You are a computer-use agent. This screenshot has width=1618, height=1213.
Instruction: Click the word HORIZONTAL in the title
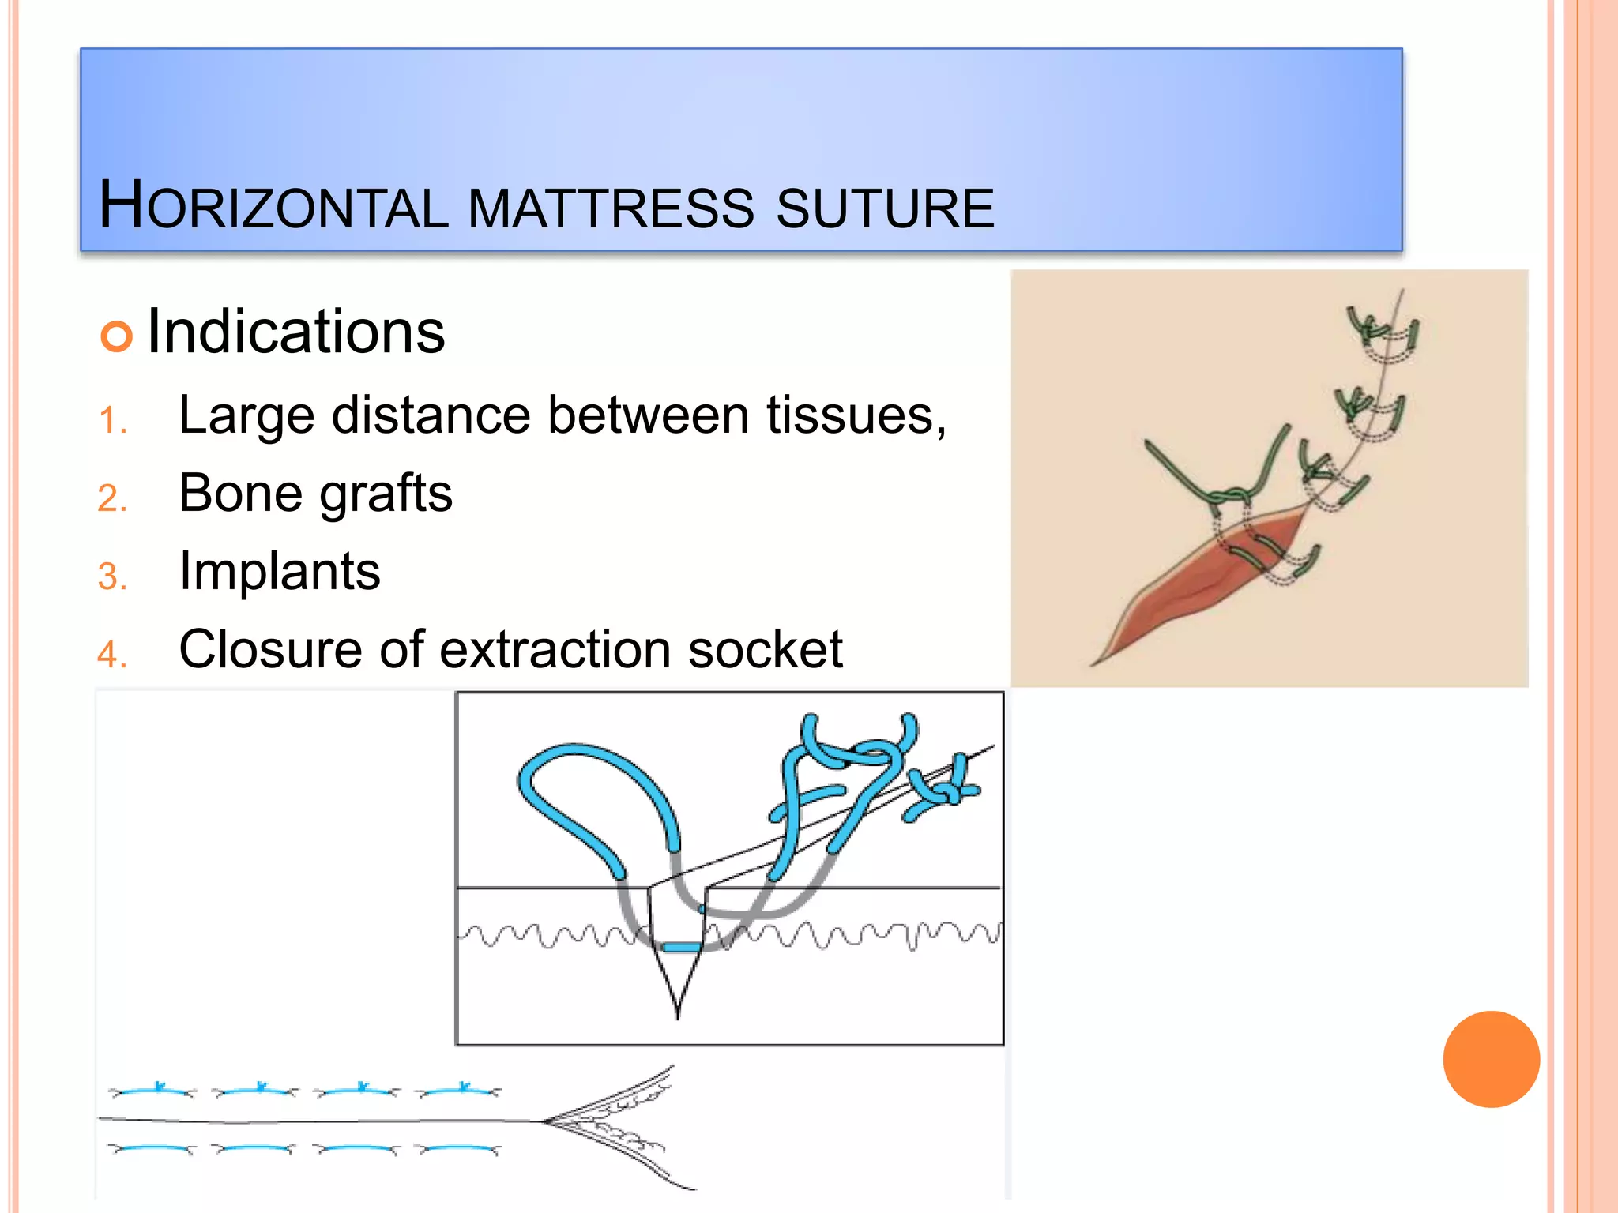[273, 207]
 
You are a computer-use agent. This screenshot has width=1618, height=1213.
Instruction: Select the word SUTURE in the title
[885, 208]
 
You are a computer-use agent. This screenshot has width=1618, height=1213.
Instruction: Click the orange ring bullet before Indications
[116, 336]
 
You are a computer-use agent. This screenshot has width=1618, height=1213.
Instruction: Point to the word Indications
[296, 332]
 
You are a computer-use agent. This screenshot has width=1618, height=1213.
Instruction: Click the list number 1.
[112, 420]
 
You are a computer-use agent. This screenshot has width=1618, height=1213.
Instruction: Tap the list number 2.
[112, 498]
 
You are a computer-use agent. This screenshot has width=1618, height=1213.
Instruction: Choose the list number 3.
[112, 576]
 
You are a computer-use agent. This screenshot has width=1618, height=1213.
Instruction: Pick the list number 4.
[112, 655]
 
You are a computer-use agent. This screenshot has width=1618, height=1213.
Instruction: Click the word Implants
[280, 571]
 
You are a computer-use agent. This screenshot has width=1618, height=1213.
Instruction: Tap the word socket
[765, 649]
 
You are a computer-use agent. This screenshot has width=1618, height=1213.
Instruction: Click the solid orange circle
[1491, 1059]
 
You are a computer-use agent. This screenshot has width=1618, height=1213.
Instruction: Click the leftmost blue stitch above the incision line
[152, 1091]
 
